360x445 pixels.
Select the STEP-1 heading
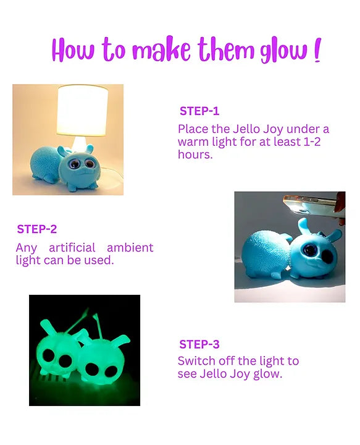(199, 111)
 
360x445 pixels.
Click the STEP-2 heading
(37, 229)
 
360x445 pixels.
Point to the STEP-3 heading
(199, 344)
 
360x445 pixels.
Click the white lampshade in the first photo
(83, 110)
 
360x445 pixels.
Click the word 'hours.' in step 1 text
(195, 155)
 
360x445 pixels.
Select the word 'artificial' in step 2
(72, 248)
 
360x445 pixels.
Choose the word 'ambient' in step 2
(130, 248)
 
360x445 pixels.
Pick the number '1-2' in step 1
(312, 142)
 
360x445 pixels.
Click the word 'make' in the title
(162, 49)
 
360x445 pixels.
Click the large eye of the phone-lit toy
(311, 250)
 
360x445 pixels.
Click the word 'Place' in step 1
(193, 129)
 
